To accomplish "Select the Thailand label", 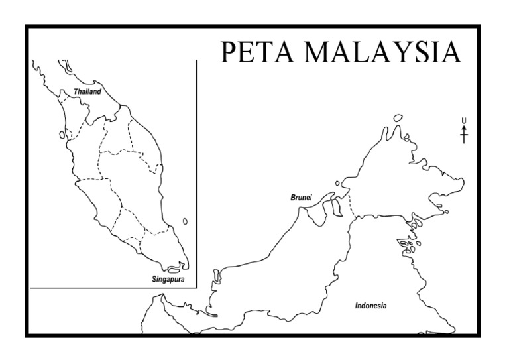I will point(87,91).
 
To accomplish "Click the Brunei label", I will point(301,198).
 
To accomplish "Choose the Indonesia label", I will point(370,306).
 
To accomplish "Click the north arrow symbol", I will point(464,134).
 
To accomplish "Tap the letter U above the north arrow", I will point(464,120).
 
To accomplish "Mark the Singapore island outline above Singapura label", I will point(174,270).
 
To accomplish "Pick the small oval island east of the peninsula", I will point(185,221).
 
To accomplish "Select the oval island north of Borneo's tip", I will point(398,118).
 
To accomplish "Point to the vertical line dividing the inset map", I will point(197,172).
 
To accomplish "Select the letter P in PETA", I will point(229,52).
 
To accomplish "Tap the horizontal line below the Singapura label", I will point(113,288).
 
